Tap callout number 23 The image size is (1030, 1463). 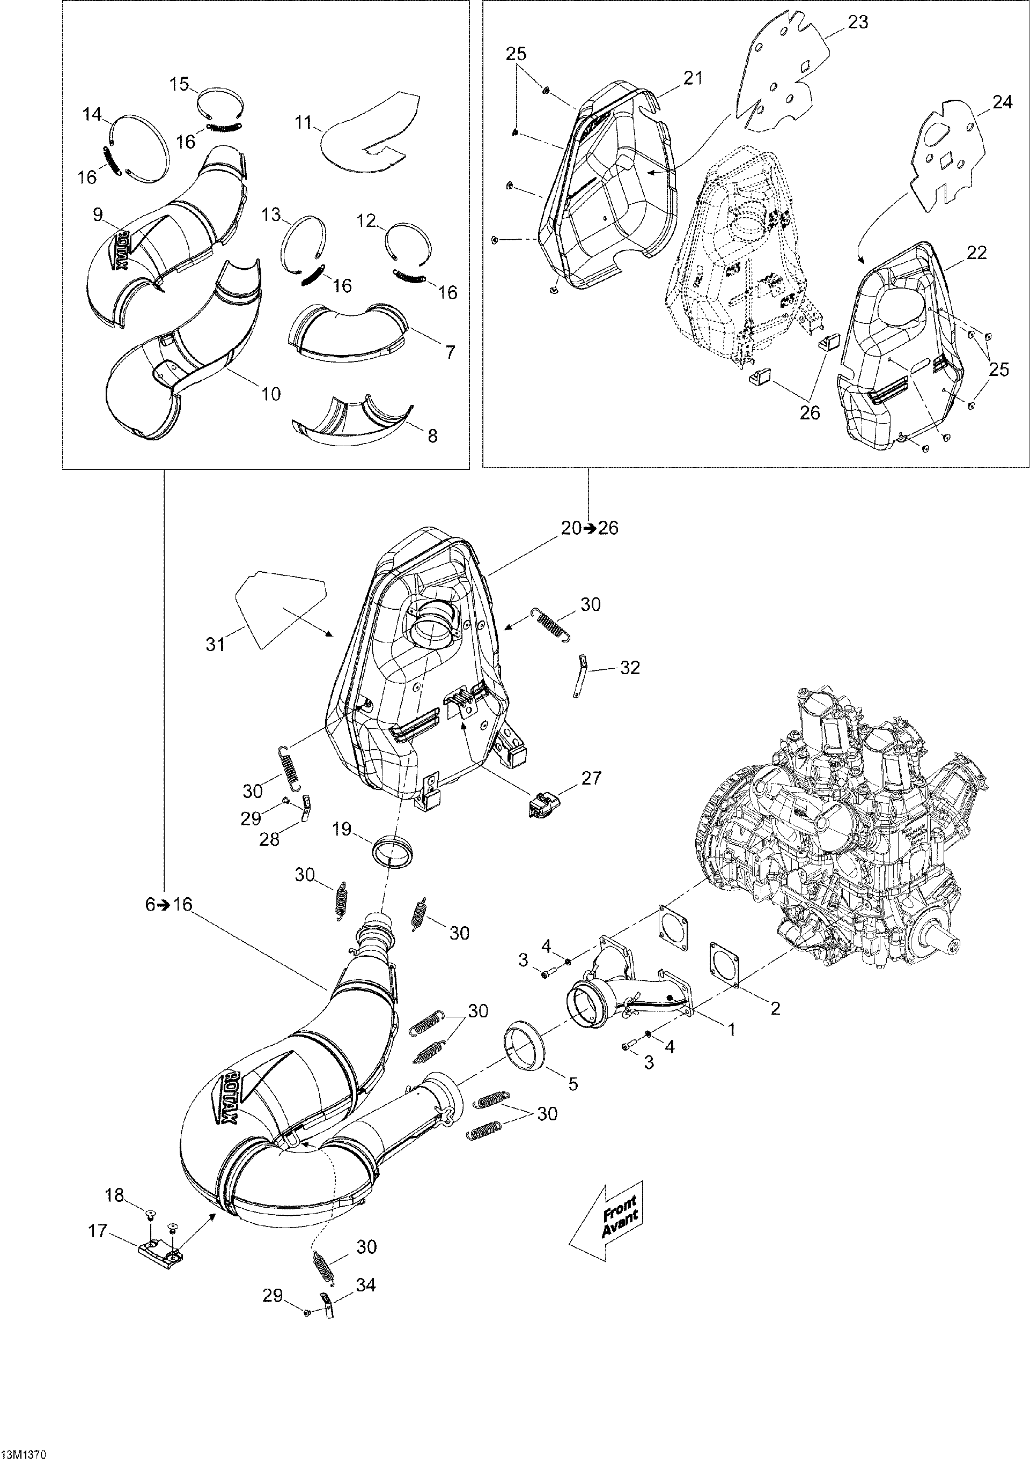[857, 23]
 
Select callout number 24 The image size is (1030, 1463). [1002, 101]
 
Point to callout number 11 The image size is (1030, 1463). [305, 122]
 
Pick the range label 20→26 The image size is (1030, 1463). [590, 528]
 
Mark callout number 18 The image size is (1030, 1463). [115, 1195]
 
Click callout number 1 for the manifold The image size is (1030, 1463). [732, 1046]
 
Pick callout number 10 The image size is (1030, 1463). [271, 394]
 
